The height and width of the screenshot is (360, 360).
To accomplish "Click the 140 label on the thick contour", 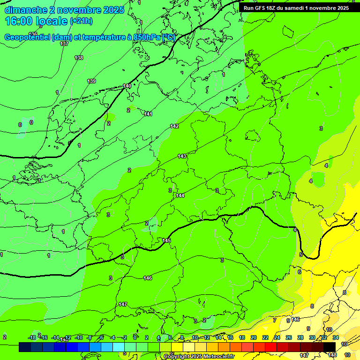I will click(x=127, y=86).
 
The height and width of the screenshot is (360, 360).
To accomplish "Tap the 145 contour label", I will click(x=166, y=240).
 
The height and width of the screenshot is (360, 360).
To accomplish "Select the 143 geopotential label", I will click(x=182, y=156).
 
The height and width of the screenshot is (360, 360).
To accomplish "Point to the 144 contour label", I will click(x=180, y=195).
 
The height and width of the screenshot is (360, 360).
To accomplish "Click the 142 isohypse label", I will click(x=175, y=127).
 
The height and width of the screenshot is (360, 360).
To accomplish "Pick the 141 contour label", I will click(x=149, y=114).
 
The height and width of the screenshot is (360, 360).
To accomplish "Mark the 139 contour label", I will click(x=91, y=81).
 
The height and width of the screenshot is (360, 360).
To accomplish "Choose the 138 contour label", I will click(x=79, y=58).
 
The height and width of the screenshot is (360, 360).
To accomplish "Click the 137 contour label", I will click(x=64, y=44).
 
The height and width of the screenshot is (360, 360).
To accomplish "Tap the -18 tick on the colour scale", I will click(x=32, y=337).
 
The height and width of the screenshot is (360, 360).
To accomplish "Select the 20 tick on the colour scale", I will click(x=254, y=337).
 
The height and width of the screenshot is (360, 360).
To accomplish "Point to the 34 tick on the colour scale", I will click(x=336, y=337).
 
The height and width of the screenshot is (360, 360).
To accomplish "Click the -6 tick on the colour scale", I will click(x=101, y=337).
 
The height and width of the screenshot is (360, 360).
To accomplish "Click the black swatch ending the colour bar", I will click(x=330, y=347).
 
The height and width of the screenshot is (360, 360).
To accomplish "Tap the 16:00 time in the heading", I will click(x=19, y=21).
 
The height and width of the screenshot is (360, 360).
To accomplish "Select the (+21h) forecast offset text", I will click(x=81, y=21).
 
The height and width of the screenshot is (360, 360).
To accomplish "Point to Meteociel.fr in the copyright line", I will click(x=216, y=357).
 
